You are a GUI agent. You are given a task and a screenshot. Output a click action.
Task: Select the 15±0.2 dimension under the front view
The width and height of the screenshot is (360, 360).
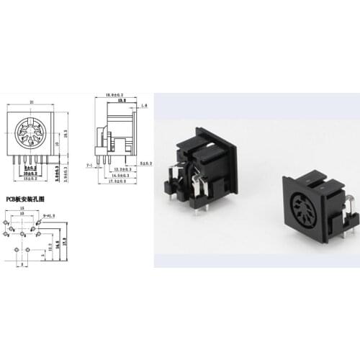point(30,178)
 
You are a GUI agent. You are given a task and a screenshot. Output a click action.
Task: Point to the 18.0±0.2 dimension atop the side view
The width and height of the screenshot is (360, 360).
point(115,95)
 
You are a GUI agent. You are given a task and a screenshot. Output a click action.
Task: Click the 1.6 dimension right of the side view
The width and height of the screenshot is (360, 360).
point(145,107)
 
